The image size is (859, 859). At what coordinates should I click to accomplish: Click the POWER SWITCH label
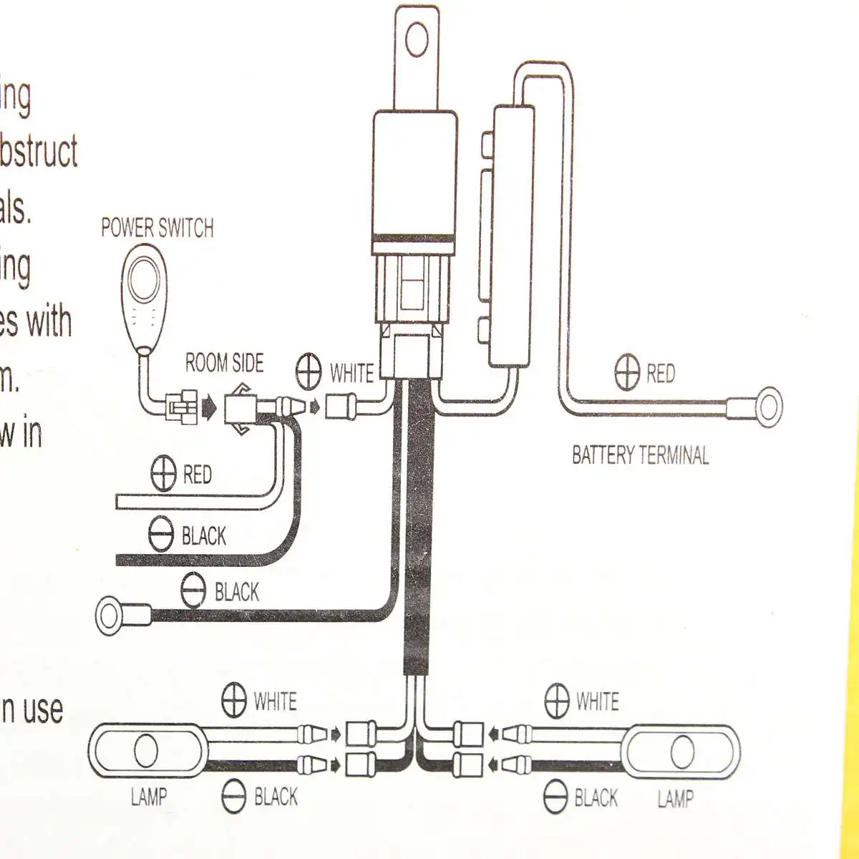(157, 228)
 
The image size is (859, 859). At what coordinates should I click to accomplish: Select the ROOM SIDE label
(225, 363)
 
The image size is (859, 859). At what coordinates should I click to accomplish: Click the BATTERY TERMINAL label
(640, 455)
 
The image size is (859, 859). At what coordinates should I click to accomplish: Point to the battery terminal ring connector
(768, 408)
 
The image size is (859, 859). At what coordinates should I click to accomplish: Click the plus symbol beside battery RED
(627, 372)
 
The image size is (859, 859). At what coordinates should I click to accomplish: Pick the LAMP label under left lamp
(149, 796)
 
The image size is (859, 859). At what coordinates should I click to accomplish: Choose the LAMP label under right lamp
(675, 798)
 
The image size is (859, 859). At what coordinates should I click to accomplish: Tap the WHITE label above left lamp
(276, 701)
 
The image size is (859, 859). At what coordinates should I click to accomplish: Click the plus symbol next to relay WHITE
(309, 372)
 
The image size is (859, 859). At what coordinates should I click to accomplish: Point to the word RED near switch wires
(197, 475)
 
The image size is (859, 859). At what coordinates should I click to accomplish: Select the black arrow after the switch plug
(208, 408)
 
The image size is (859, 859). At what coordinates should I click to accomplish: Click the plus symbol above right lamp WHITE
(557, 700)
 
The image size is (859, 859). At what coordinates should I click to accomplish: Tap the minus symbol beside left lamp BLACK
(234, 797)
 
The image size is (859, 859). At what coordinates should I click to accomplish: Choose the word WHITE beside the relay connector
(351, 373)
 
